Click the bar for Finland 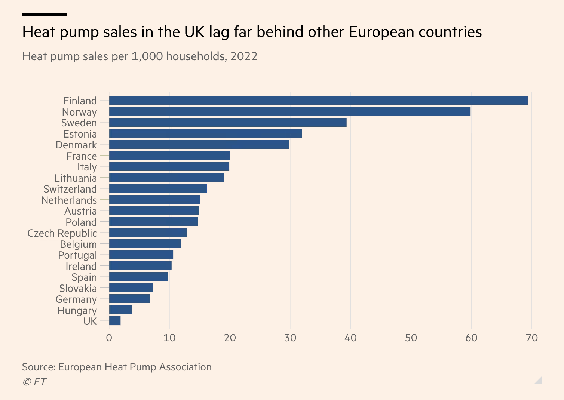pyautogui.click(x=319, y=100)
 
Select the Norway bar pyautogui.click(x=290, y=111)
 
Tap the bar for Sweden pyautogui.click(x=228, y=122)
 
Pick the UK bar pyautogui.click(x=115, y=321)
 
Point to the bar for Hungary pyautogui.click(x=120, y=310)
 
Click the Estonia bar pyautogui.click(x=205, y=133)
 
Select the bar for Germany pyautogui.click(x=129, y=299)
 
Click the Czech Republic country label pyautogui.click(x=62, y=233)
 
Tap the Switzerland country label pyautogui.click(x=70, y=189)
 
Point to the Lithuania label pyautogui.click(x=76, y=178)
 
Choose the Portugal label pyautogui.click(x=77, y=255)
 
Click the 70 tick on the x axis pyautogui.click(x=532, y=338)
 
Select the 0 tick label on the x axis pyautogui.click(x=109, y=338)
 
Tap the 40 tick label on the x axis pyautogui.click(x=350, y=338)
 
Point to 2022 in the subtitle pyautogui.click(x=244, y=56)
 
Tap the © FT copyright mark pyautogui.click(x=34, y=382)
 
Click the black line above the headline pyautogui.click(x=45, y=15)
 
